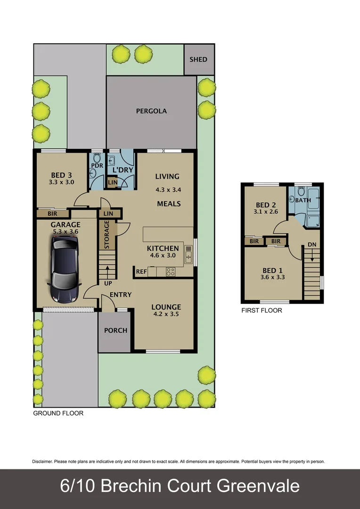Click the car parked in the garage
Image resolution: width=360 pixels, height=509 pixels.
64,269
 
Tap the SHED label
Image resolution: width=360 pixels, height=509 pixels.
198,59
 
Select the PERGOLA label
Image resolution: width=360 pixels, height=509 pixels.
151,111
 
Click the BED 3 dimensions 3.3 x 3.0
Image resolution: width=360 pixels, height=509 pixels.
62,182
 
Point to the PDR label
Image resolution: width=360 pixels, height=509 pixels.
97,165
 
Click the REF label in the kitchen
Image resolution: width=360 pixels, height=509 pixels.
141,272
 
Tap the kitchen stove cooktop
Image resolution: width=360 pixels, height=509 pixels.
170,271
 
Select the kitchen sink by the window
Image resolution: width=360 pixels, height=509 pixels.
188,254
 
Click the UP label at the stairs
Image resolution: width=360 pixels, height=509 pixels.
108,283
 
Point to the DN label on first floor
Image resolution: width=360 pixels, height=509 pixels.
312,245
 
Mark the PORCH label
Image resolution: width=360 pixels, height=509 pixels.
115,330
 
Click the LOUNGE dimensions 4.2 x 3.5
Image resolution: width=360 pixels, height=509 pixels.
166,314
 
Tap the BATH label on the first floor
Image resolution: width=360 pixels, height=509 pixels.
303,200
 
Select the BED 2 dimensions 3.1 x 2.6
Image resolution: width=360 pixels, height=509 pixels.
266,212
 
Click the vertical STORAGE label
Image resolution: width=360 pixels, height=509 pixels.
107,235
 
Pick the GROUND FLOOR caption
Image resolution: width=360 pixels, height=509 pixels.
58,413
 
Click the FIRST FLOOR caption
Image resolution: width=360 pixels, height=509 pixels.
262,311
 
